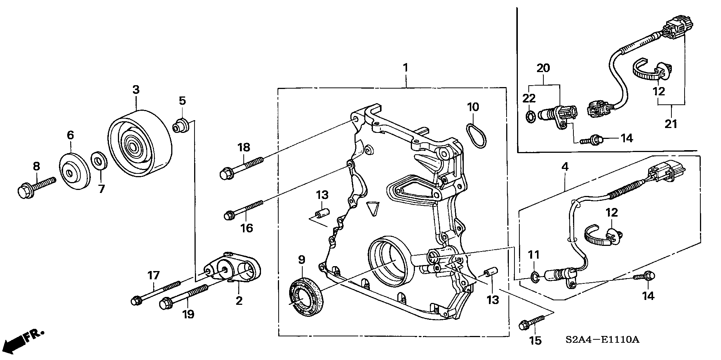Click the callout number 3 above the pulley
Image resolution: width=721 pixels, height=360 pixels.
[x=136, y=90]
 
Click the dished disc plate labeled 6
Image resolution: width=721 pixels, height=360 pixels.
[x=74, y=171]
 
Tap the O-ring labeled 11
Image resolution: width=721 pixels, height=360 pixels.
[x=535, y=277]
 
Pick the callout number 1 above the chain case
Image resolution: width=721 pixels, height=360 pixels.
[x=405, y=68]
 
